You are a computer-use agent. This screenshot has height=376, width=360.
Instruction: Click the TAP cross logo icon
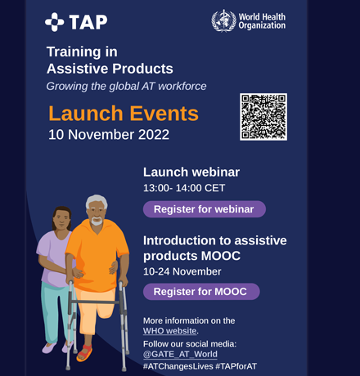54,22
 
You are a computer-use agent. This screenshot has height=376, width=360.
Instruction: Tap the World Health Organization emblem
223,20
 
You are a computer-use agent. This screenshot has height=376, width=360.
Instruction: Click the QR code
263,117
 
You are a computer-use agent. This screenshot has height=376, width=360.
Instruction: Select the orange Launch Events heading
124,114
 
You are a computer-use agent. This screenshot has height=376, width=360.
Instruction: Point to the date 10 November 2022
109,135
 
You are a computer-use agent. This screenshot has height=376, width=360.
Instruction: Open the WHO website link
169,331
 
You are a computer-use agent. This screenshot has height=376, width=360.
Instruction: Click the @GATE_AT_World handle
180,354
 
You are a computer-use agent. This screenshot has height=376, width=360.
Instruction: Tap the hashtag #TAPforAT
236,366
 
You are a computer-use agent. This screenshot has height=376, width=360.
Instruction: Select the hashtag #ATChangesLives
178,366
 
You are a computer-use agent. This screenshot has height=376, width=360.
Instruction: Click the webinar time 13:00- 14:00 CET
184,188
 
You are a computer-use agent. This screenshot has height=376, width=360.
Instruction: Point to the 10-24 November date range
182,271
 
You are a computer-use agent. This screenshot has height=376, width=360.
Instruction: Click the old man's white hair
97,201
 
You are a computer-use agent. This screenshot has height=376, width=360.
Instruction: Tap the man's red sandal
84,353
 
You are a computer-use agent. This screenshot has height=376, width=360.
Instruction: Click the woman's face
61,218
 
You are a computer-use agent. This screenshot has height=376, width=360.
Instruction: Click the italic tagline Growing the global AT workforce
126,86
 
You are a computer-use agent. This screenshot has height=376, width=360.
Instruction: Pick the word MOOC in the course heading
221,256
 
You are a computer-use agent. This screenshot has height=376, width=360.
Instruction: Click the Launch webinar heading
191,172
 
